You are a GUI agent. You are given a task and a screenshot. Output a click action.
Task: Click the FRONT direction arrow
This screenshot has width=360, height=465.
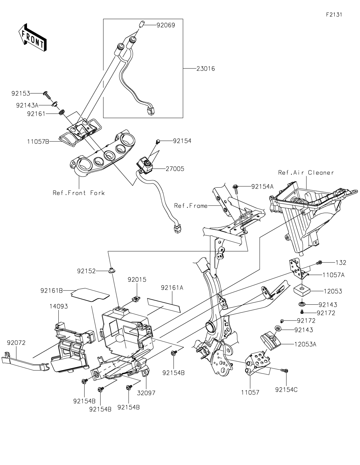coord(32,37)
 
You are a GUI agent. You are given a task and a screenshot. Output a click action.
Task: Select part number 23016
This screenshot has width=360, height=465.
coord(205,69)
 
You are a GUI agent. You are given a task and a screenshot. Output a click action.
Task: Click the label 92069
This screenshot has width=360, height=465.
coord(166,25)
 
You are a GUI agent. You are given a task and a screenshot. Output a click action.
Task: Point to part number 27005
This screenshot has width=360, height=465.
coord(175,169)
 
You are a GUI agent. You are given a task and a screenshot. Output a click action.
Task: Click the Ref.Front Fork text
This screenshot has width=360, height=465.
coord(79,193)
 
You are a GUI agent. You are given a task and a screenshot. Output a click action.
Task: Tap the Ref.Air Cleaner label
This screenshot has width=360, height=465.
coord(306,172)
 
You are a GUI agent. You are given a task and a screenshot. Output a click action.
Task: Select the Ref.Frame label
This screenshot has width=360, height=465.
coord(191,206)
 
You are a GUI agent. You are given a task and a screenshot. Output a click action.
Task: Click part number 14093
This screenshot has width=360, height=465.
coord(59,306)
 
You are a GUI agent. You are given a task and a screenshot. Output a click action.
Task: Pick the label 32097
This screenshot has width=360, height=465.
coord(146,393)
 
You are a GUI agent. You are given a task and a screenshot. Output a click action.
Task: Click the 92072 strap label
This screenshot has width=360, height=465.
coord(16,343)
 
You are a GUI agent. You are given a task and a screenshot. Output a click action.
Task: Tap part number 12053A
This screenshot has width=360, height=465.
coord(305,345)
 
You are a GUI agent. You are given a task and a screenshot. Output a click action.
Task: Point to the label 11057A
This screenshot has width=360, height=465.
coord(333,275)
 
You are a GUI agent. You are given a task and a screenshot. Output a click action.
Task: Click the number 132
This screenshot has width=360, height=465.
coord(341,263)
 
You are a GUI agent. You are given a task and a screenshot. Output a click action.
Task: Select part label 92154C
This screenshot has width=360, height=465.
coord(286,390)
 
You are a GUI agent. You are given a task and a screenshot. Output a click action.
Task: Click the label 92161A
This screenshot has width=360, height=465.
coord(172,288)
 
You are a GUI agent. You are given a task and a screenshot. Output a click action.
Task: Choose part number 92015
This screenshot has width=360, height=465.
coord(137,279)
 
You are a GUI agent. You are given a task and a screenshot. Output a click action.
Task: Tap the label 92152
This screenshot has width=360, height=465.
coord(86,271)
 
